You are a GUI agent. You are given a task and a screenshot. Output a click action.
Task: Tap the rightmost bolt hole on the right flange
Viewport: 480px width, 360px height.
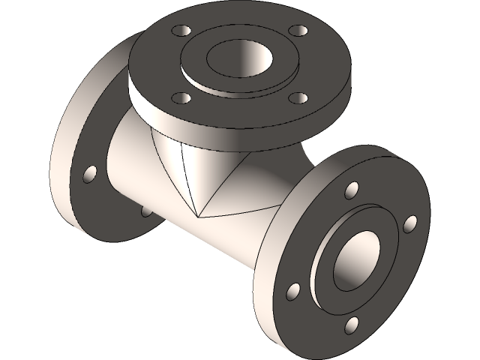coord(409,223)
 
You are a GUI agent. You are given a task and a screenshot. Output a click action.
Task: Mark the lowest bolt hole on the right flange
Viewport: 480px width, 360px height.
coord(352,324)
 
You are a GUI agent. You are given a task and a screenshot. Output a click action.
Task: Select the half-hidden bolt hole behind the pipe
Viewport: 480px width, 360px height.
coord(145,211)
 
